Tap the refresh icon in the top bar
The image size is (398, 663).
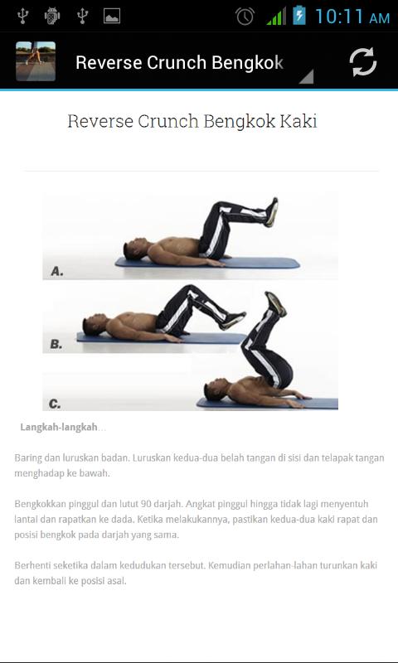363,62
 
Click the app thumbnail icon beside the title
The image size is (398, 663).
36,60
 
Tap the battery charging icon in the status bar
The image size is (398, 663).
299,15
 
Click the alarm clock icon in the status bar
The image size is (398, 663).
245,16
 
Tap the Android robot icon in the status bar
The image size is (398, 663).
52,16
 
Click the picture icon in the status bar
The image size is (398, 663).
112,16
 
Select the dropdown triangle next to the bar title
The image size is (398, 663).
307,76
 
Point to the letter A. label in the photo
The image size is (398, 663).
57,271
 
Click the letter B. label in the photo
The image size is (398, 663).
56,344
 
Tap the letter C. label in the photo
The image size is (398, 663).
55,404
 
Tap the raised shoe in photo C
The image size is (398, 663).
275,303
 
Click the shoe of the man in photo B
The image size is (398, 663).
232,320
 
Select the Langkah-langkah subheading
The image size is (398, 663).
59,427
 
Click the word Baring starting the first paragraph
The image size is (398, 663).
27,458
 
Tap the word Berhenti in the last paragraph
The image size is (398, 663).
32,565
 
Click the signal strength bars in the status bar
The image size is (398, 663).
276,16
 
